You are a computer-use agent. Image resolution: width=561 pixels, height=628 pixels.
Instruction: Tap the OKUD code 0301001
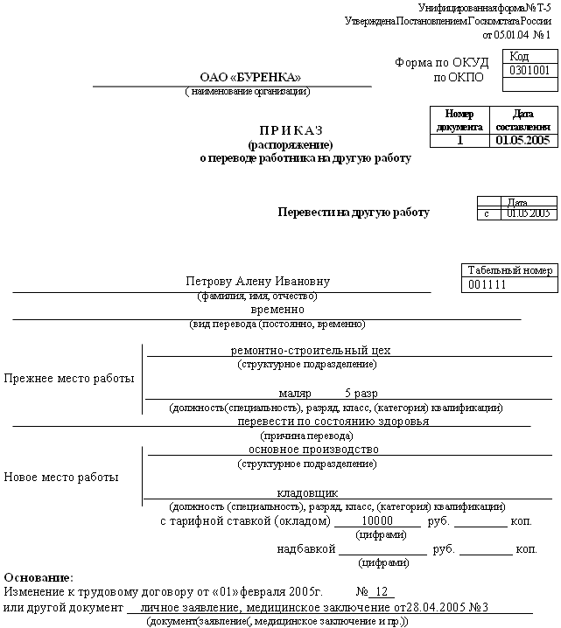click(x=529, y=71)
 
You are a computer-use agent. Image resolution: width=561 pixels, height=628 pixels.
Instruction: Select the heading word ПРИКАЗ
click(x=290, y=129)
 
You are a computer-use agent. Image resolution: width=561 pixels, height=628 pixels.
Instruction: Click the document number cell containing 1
click(x=459, y=140)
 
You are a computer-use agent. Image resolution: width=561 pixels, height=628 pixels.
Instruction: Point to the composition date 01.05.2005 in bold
click(x=522, y=140)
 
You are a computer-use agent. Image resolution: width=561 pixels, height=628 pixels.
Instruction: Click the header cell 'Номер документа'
click(x=459, y=121)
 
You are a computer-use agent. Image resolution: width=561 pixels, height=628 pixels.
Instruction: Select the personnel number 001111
click(x=487, y=285)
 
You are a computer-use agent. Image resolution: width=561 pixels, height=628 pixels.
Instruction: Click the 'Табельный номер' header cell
click(x=509, y=271)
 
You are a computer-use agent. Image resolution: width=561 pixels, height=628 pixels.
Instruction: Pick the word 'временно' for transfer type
click(x=277, y=310)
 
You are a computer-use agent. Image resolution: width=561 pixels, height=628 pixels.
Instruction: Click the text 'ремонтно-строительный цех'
click(x=310, y=350)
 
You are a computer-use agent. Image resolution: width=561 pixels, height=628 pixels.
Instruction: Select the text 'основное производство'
click(x=313, y=449)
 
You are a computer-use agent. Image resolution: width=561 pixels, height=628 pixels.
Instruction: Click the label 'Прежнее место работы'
click(x=70, y=379)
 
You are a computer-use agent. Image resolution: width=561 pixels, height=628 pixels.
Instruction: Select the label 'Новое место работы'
click(x=61, y=478)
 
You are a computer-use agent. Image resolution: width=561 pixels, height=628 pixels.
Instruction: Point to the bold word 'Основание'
click(x=39, y=578)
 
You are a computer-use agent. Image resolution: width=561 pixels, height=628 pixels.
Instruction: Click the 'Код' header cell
click(x=531, y=56)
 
